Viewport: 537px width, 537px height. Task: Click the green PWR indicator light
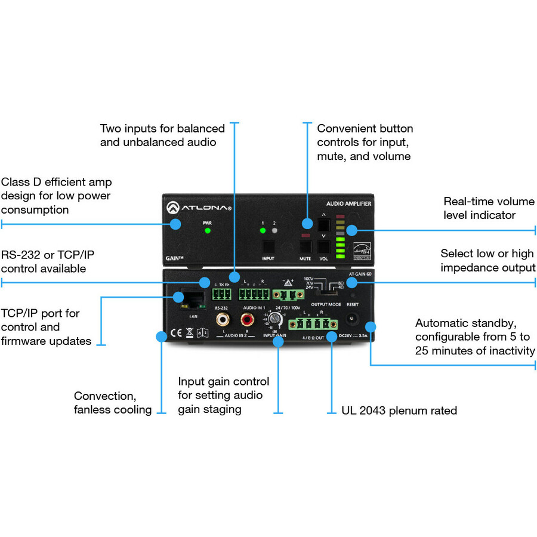pyautogui.click(x=206, y=230)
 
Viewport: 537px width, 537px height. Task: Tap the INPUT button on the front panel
pyautogui.click(x=268, y=246)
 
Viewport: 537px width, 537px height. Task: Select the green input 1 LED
pyautogui.click(x=262, y=230)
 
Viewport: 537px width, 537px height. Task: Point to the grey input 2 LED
pyautogui.click(x=274, y=230)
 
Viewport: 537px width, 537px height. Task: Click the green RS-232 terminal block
pyautogui.click(x=221, y=294)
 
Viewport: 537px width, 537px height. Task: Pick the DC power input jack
pyautogui.click(x=352, y=320)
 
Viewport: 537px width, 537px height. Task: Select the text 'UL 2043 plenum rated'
pyautogui.click(x=399, y=411)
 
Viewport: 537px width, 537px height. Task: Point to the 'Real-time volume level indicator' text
pyautogui.click(x=489, y=208)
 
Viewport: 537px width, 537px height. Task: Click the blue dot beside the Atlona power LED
pyautogui.click(x=175, y=224)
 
